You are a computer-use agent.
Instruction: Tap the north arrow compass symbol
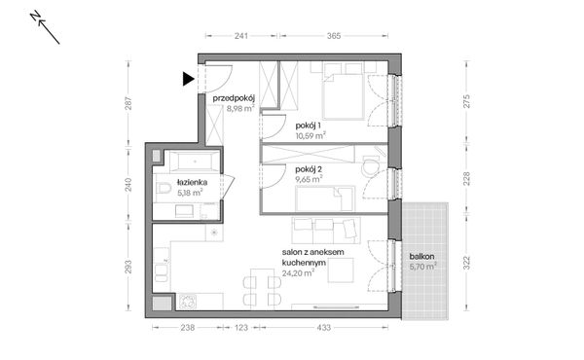click(46, 28)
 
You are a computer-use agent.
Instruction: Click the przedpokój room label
click(234, 98)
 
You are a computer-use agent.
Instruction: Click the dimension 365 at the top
click(332, 35)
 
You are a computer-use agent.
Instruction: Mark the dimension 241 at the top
click(240, 35)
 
